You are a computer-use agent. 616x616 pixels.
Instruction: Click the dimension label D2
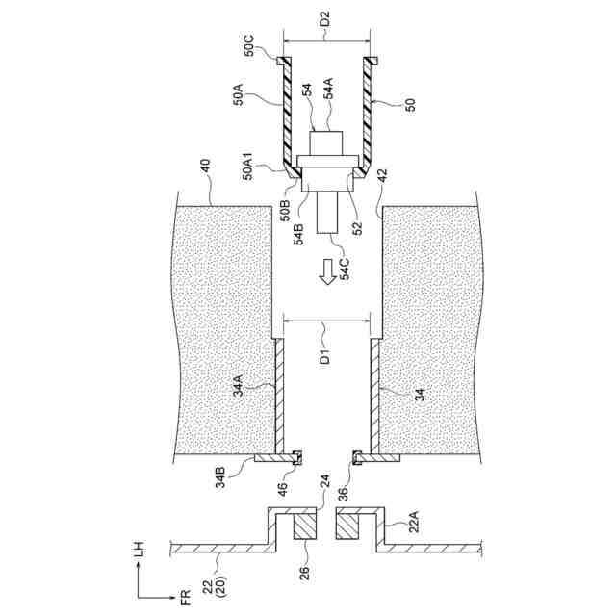pos(324,18)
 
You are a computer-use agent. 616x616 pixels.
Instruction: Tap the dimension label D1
pos(324,359)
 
